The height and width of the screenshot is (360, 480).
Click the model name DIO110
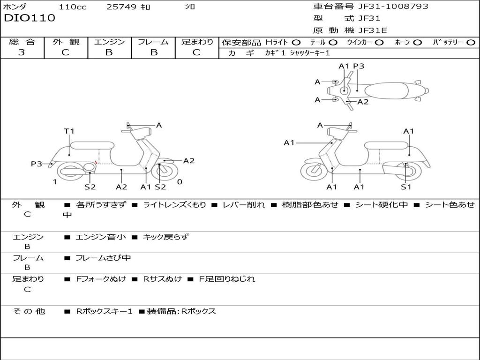click(x=30, y=18)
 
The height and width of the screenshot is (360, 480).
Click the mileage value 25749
click(x=121, y=7)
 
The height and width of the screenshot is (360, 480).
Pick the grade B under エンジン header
click(x=109, y=52)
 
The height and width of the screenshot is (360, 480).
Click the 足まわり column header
click(x=197, y=42)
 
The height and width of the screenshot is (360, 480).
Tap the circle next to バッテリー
click(x=471, y=42)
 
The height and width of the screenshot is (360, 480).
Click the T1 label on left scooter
click(x=69, y=131)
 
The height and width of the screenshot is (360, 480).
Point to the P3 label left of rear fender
click(x=37, y=164)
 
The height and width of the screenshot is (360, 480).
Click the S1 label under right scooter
click(x=406, y=187)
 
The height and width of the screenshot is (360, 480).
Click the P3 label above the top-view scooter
click(x=359, y=66)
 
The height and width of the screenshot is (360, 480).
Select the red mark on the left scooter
click(x=96, y=162)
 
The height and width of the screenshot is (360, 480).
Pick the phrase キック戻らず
click(x=165, y=237)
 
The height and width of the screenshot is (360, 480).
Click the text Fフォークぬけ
click(x=101, y=279)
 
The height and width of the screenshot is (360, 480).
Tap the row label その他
click(x=29, y=311)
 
